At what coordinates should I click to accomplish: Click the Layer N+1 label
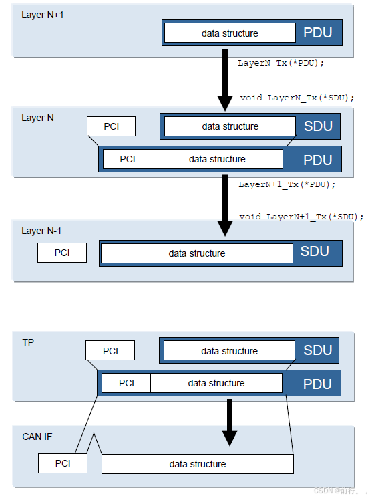pyautogui.click(x=43, y=15)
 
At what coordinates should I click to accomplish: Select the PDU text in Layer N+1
pyautogui.click(x=318, y=33)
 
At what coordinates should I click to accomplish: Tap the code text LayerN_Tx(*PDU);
pyautogui.click(x=281, y=63)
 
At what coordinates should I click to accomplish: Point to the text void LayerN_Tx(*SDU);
pyautogui.click(x=297, y=98)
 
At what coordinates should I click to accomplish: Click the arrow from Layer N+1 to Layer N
pyautogui.click(x=225, y=80)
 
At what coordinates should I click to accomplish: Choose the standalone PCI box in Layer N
pyautogui.click(x=111, y=126)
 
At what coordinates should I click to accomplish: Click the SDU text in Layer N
pyautogui.click(x=318, y=126)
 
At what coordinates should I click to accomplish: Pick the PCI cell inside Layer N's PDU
pyautogui.click(x=128, y=159)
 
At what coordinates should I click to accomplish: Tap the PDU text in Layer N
pyautogui.click(x=318, y=160)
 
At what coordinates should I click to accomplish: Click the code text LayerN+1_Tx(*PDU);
pyautogui.click(x=287, y=184)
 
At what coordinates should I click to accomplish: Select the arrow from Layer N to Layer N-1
pyautogui.click(x=225, y=205)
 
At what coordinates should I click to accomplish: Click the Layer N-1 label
pyautogui.click(x=41, y=231)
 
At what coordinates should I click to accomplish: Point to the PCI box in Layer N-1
pyautogui.click(x=62, y=253)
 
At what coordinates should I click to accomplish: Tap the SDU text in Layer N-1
pyautogui.click(x=315, y=251)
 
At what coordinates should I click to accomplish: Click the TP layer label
pyautogui.click(x=28, y=342)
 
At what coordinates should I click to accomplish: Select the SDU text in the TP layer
pyautogui.click(x=317, y=350)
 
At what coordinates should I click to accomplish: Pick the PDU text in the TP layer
pyautogui.click(x=317, y=384)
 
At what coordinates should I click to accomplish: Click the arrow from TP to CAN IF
pyautogui.click(x=230, y=422)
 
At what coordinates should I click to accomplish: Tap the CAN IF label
pyautogui.click(x=37, y=437)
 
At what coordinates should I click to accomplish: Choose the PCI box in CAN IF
pyautogui.click(x=63, y=463)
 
